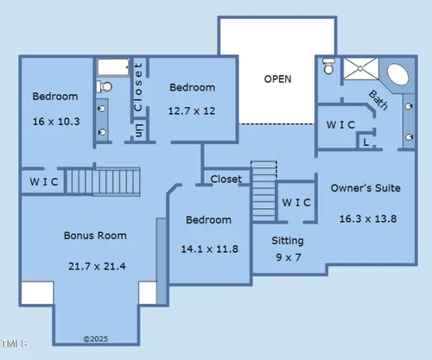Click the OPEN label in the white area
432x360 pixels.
coord(277,79)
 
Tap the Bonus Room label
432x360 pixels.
coord(95,236)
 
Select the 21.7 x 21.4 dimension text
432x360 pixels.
coord(97,266)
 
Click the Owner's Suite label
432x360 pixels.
coord(365,188)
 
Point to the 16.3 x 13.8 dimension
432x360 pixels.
coord(368,218)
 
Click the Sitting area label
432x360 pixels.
coord(288,241)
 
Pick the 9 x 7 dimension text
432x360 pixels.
coord(289,257)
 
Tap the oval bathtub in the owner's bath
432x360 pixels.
coord(397,74)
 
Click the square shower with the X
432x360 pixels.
coord(360,68)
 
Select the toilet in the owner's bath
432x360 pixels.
coord(328,66)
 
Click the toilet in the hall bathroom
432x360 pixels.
coord(104,86)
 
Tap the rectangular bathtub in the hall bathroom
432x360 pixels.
coord(113,67)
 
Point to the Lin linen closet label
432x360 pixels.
coord(138,130)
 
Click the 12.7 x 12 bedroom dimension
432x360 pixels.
coord(192,111)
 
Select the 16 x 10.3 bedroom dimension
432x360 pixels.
coord(56,122)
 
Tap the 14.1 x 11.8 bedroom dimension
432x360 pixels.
coord(209,249)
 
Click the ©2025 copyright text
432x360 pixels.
coord(96,339)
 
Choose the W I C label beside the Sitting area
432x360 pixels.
coord(296,203)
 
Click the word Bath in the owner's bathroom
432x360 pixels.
coord(378,100)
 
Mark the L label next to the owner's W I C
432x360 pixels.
coord(365,142)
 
